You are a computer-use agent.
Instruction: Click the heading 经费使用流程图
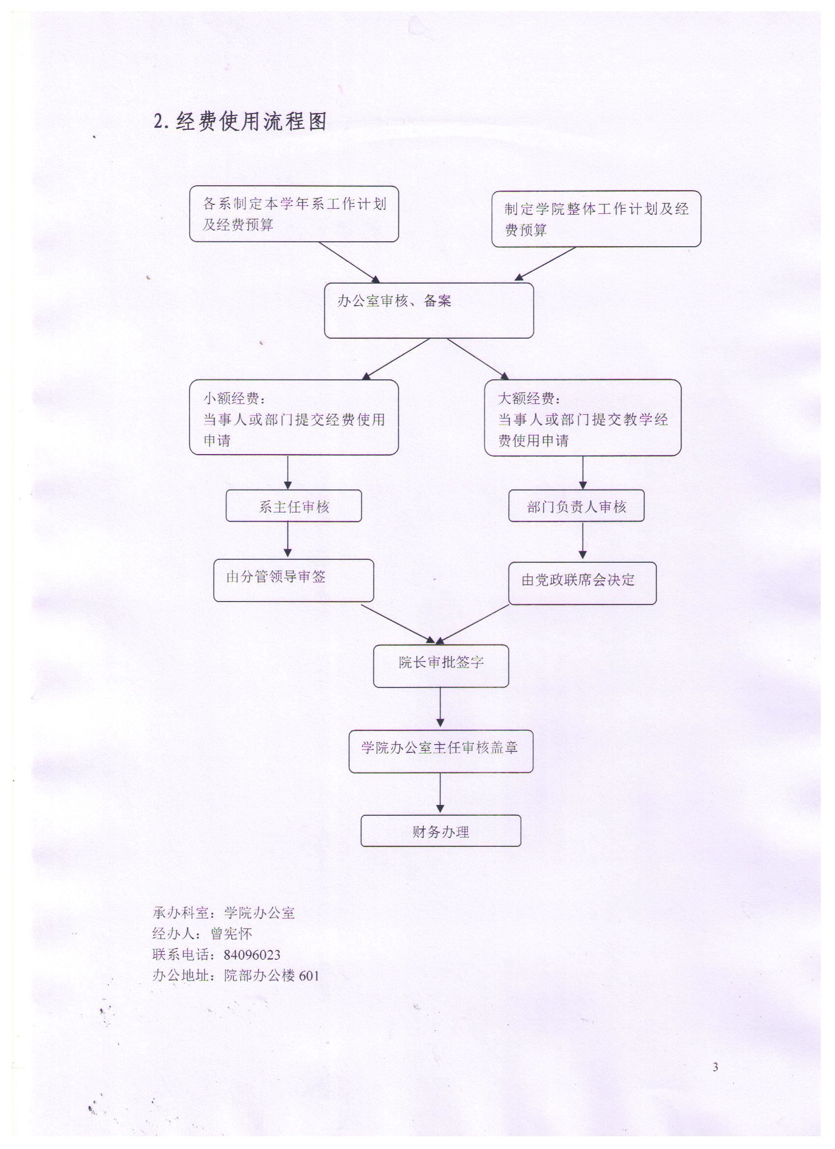pos(251,122)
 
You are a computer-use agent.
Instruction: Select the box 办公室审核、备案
pos(429,311)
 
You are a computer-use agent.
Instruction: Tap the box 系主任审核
pos(294,506)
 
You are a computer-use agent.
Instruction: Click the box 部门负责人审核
pos(576,506)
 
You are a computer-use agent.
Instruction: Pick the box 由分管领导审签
pos(294,580)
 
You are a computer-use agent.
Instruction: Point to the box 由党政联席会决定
pos(583,583)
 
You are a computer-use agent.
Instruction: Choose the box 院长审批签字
pos(441,666)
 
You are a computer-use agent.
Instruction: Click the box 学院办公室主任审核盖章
pos(441,751)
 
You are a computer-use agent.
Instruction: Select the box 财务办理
pos(441,831)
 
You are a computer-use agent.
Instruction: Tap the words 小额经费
pos(231,399)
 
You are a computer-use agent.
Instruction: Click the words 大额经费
pos(526,399)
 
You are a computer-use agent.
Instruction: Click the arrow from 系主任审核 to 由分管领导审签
pos(288,540)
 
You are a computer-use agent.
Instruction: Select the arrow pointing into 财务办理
pos(440,793)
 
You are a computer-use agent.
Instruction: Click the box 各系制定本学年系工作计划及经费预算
pos(294,214)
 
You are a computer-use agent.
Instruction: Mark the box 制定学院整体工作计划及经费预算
pos(596,219)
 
